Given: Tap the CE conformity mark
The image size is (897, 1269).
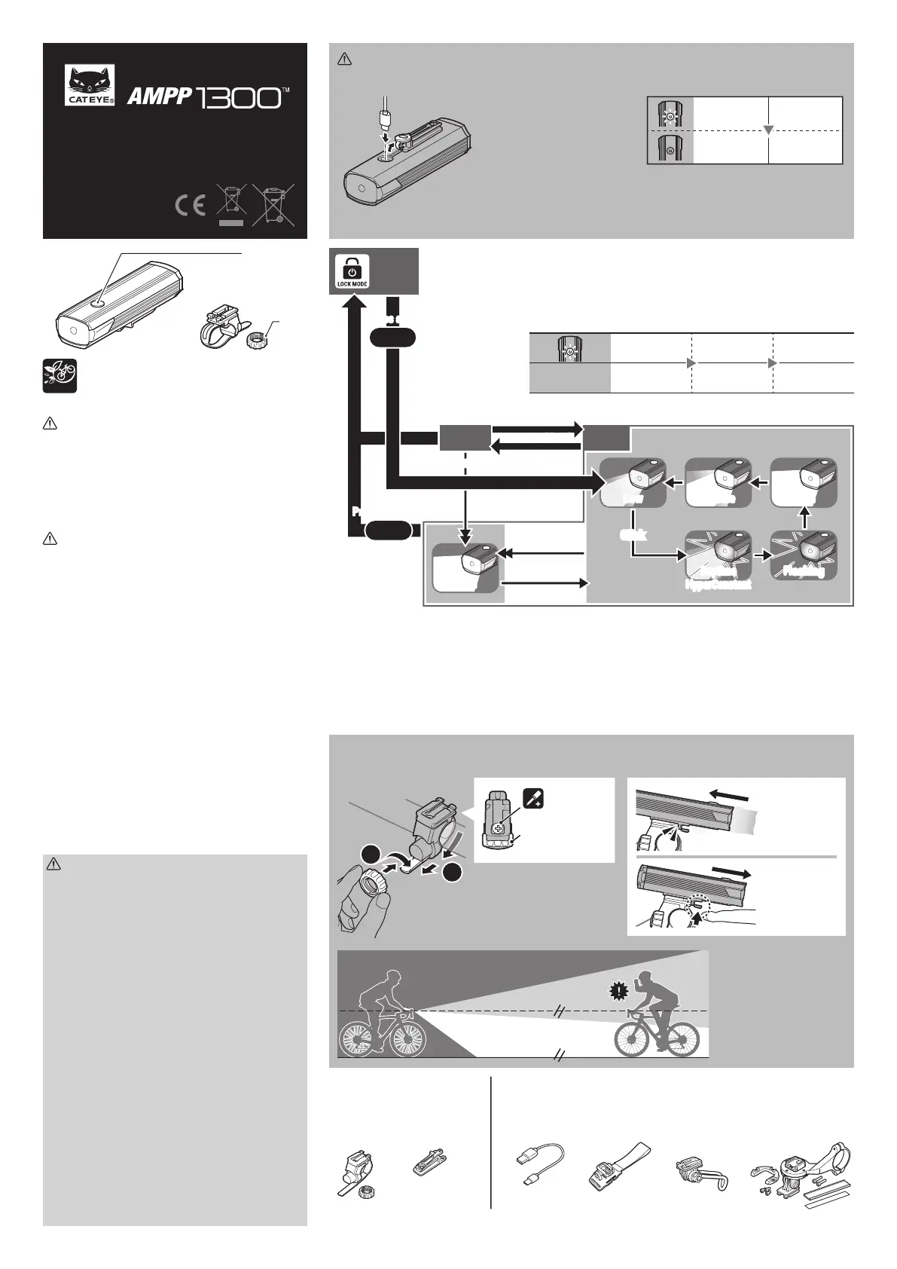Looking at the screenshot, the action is [190, 206].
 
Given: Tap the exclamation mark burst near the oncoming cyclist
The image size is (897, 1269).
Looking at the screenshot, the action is [618, 992].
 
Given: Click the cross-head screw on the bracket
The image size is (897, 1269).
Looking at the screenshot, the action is [498, 827].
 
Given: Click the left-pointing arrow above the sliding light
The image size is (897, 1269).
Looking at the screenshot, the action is [731, 794].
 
